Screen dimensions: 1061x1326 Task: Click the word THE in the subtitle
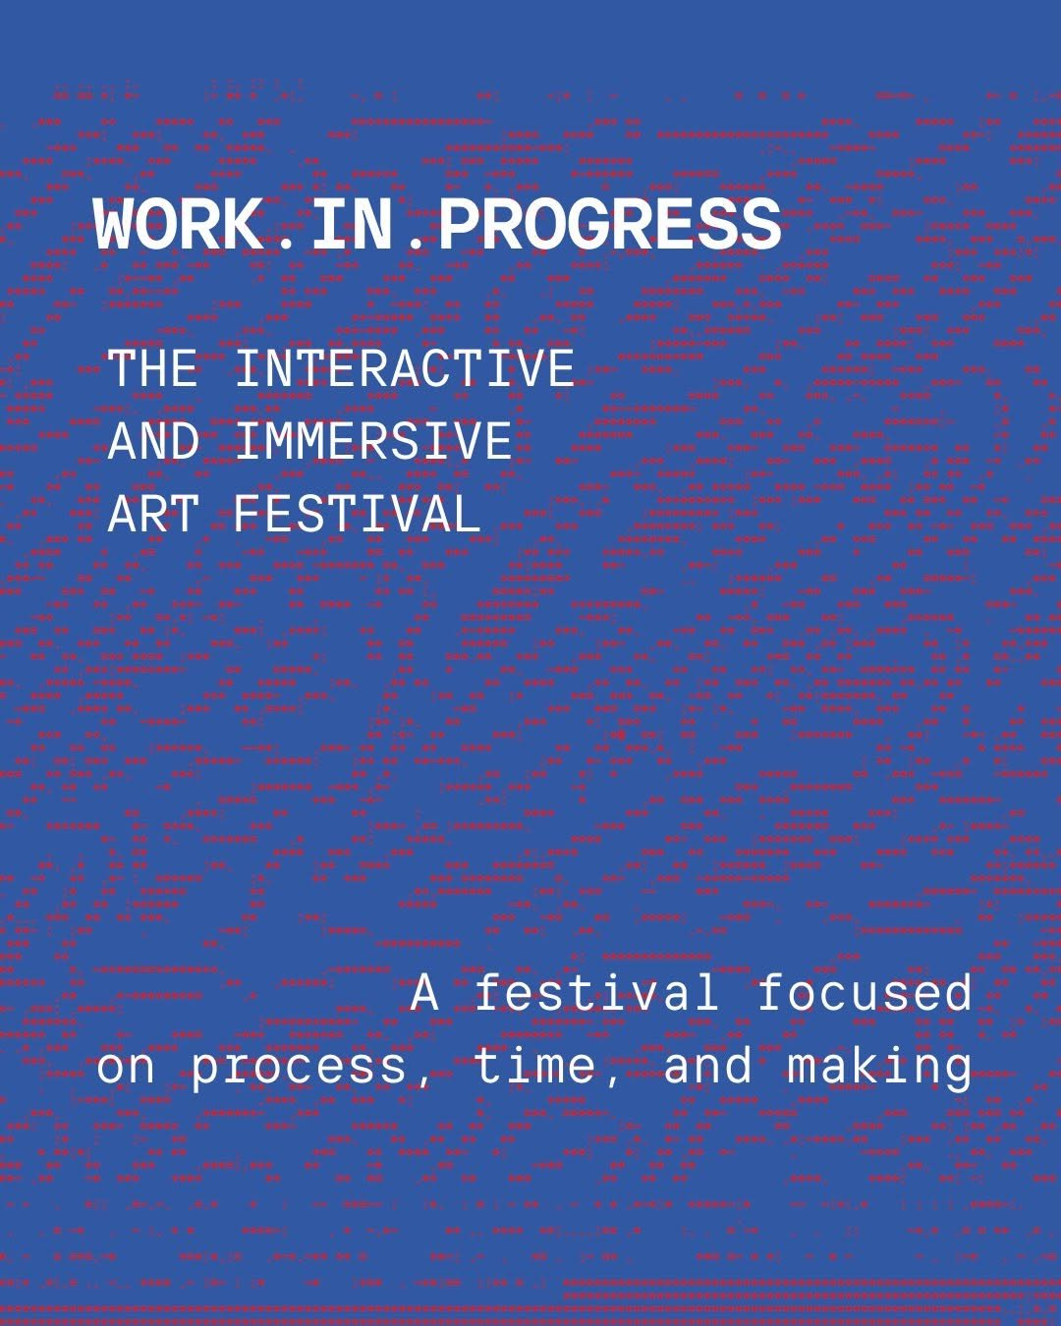pos(152,368)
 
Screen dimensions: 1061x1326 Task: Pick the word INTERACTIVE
pos(405,368)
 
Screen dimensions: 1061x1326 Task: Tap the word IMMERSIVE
pos(374,441)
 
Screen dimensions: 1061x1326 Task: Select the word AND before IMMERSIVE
pos(154,441)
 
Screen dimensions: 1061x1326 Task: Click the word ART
pos(153,514)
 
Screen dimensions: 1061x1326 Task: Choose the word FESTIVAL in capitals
pos(357,514)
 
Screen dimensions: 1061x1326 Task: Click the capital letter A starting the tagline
pos(424,993)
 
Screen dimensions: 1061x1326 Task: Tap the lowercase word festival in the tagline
pos(596,991)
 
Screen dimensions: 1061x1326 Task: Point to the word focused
pos(865,991)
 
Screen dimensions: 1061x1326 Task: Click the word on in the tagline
pos(126,1070)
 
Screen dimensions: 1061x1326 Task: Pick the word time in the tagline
pos(533,1066)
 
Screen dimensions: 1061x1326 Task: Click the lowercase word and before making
pos(708,1066)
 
